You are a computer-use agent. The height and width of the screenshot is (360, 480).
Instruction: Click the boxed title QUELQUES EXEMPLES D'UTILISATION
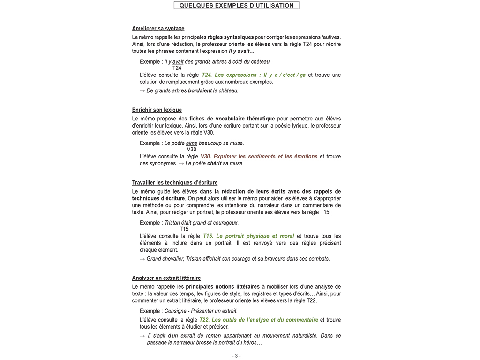[236, 6]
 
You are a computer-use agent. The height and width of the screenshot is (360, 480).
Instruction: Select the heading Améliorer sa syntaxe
[158, 28]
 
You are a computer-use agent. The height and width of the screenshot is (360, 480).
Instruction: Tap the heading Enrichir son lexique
[157, 110]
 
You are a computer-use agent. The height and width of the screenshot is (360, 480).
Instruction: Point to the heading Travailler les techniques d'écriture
[174, 183]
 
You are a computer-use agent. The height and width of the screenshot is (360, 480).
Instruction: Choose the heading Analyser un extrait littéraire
[166, 278]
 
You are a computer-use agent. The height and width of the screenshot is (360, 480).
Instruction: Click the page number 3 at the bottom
[237, 356]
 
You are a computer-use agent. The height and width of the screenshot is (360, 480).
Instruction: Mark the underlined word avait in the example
[178, 61]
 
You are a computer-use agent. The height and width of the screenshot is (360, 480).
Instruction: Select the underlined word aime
[191, 143]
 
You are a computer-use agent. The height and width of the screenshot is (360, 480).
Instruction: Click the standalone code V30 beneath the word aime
[191, 150]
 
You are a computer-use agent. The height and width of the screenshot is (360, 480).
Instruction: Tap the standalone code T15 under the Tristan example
[184, 229]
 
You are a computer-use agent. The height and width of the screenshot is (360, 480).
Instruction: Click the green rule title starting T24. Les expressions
[253, 75]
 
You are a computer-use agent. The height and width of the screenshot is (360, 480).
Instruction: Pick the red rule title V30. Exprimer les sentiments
[259, 157]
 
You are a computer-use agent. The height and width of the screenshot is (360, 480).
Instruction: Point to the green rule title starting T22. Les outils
[259, 320]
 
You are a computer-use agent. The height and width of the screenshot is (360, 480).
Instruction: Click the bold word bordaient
[200, 90]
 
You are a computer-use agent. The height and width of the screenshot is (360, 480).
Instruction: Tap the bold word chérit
[214, 164]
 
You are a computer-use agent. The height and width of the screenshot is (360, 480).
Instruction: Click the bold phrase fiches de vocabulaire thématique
[232, 119]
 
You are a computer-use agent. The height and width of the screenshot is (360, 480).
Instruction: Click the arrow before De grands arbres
[142, 90]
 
